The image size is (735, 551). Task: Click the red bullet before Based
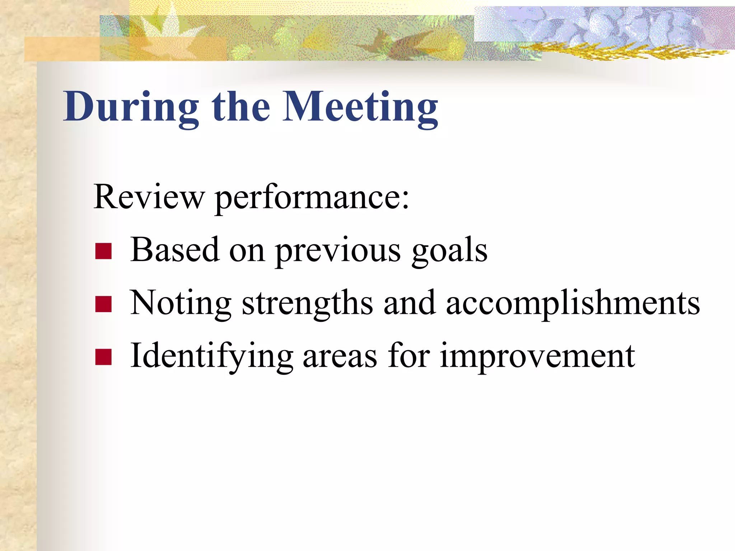(x=104, y=251)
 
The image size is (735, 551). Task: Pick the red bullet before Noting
(x=104, y=304)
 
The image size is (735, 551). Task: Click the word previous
(x=338, y=251)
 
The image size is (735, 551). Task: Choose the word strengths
(x=307, y=303)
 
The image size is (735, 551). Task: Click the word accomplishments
(x=573, y=303)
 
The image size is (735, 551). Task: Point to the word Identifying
(x=212, y=356)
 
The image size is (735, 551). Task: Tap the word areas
(x=340, y=357)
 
